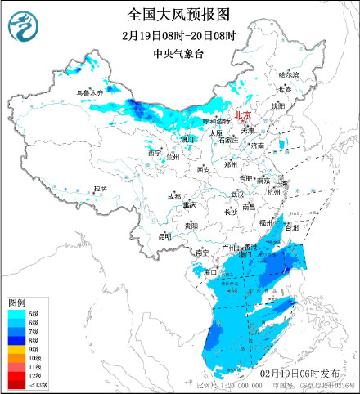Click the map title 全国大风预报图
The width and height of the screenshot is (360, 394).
coord(179,14)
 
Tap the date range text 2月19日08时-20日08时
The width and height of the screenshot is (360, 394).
coord(179,37)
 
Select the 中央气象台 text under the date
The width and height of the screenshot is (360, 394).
coord(179,55)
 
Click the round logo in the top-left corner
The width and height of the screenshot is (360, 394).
coord(21,26)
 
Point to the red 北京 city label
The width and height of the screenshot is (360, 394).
coord(244,116)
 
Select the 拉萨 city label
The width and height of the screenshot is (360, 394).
coord(100,188)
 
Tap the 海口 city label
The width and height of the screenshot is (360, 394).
coord(209,271)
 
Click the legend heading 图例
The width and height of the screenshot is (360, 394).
coord(16,302)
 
